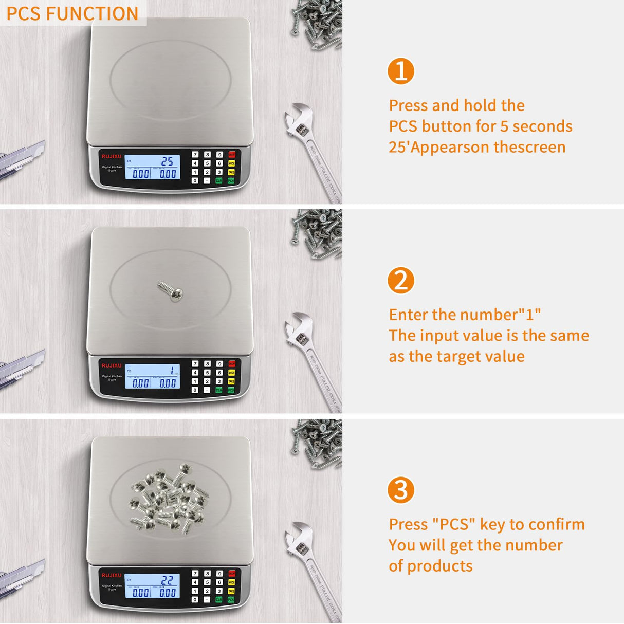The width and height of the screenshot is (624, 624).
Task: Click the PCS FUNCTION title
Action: tap(72, 13)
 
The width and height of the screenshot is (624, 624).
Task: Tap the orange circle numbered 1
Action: tap(400, 71)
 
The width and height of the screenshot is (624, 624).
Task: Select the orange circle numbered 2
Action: tap(400, 280)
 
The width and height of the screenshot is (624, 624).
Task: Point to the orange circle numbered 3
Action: tap(400, 490)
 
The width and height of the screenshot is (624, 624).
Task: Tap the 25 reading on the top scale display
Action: tap(168, 161)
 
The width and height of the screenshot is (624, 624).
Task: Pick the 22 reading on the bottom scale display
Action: tap(167, 580)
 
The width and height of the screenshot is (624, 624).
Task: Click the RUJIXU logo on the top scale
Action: tap(112, 156)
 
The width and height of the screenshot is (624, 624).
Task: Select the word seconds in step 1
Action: tap(542, 126)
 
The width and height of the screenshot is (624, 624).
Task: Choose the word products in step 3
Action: tap(439, 566)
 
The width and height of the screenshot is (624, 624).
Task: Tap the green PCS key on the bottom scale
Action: tap(231, 600)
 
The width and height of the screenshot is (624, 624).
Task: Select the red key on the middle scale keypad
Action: tap(232, 364)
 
